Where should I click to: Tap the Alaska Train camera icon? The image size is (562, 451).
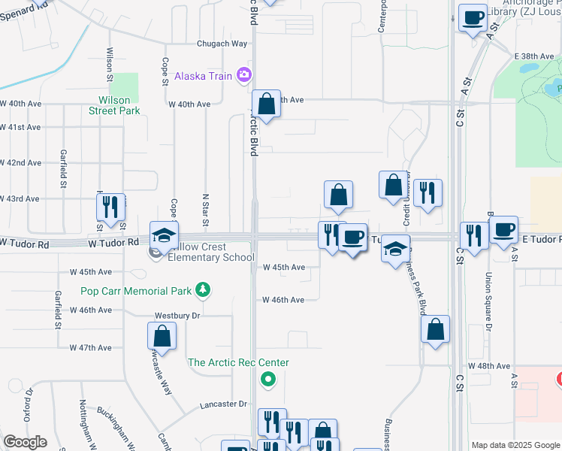243,74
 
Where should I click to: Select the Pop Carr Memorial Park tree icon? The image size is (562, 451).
201,289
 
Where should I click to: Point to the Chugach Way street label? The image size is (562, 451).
222,44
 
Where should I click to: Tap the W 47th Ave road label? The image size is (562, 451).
90,347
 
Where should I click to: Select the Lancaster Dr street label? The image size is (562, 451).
223,404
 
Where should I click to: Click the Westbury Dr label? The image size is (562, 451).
177,316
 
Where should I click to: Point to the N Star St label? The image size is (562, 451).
205,210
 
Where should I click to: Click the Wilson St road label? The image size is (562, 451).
110,64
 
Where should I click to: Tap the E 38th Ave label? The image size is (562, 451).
535,56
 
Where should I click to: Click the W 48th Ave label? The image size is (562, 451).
488,365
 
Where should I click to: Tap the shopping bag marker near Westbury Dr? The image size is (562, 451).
162,337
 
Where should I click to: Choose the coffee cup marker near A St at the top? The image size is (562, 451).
473,19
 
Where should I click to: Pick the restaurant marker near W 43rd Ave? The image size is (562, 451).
110,207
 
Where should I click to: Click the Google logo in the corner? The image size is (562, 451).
26,442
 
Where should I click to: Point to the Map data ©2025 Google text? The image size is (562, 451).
515,445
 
